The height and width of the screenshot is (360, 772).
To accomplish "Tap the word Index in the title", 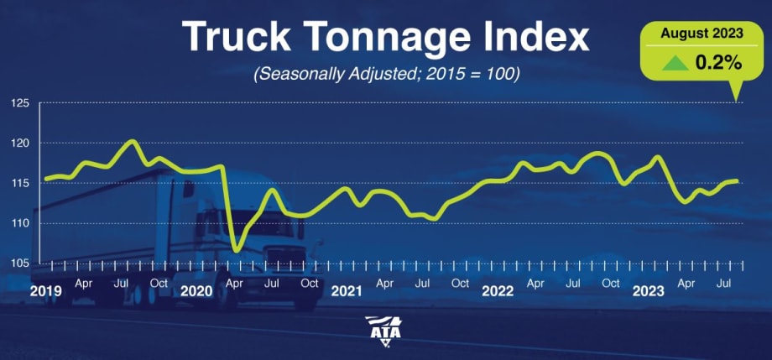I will tap(534, 37).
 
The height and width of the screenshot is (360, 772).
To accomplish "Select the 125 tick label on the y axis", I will tap(20, 103).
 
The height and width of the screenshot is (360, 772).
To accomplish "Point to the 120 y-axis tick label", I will tap(20, 143).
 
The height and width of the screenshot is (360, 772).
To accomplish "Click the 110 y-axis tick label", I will tap(20, 223).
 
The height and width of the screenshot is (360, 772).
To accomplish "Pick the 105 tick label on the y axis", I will tap(20, 263).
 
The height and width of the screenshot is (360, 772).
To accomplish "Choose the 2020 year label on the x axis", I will tap(196, 291).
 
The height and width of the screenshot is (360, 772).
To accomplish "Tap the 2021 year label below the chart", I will tap(347, 291).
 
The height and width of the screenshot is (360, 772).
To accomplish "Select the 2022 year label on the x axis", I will tap(498, 291).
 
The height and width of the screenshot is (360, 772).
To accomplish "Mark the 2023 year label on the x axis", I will tap(649, 291).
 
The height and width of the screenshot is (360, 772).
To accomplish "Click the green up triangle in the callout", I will tap(671, 61).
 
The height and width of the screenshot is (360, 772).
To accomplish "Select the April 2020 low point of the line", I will tap(237, 250).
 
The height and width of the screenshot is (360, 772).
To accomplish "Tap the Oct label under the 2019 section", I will tap(159, 284).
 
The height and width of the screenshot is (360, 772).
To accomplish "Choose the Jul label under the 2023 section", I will tap(725, 284).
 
